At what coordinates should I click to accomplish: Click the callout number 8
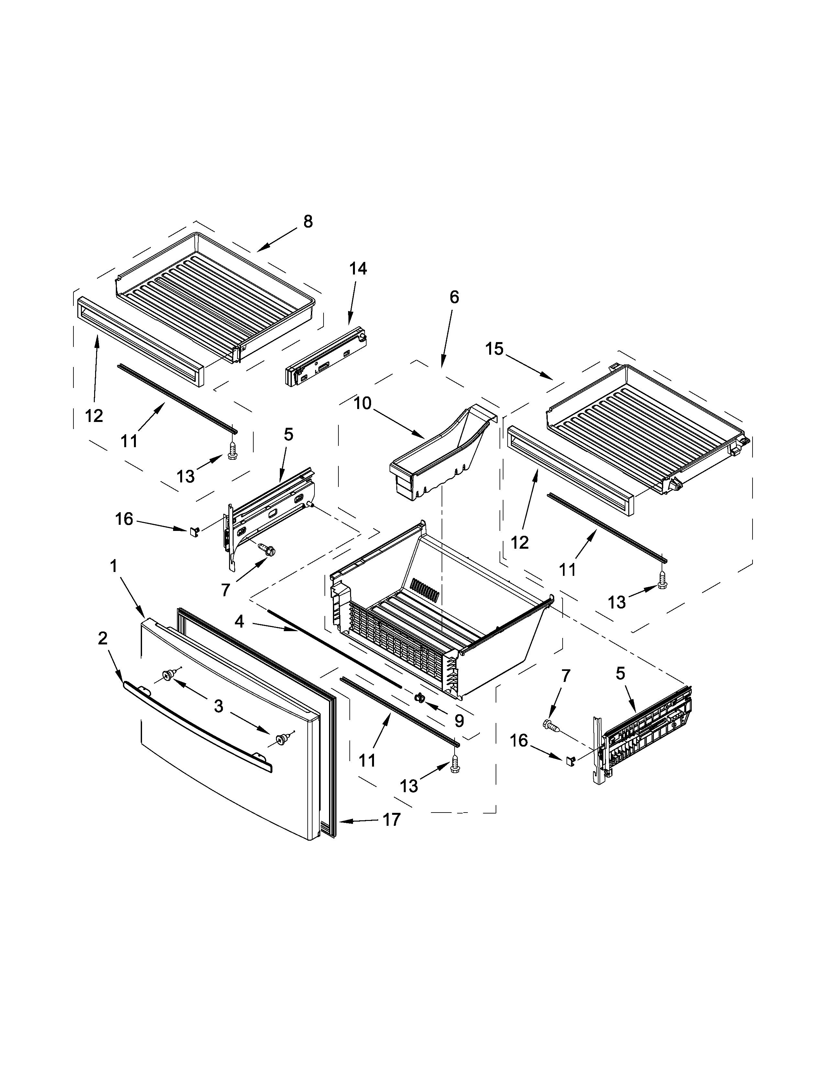pos(307,222)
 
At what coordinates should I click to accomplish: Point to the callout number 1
pos(113,567)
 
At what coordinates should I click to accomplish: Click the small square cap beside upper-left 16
pos(194,531)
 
